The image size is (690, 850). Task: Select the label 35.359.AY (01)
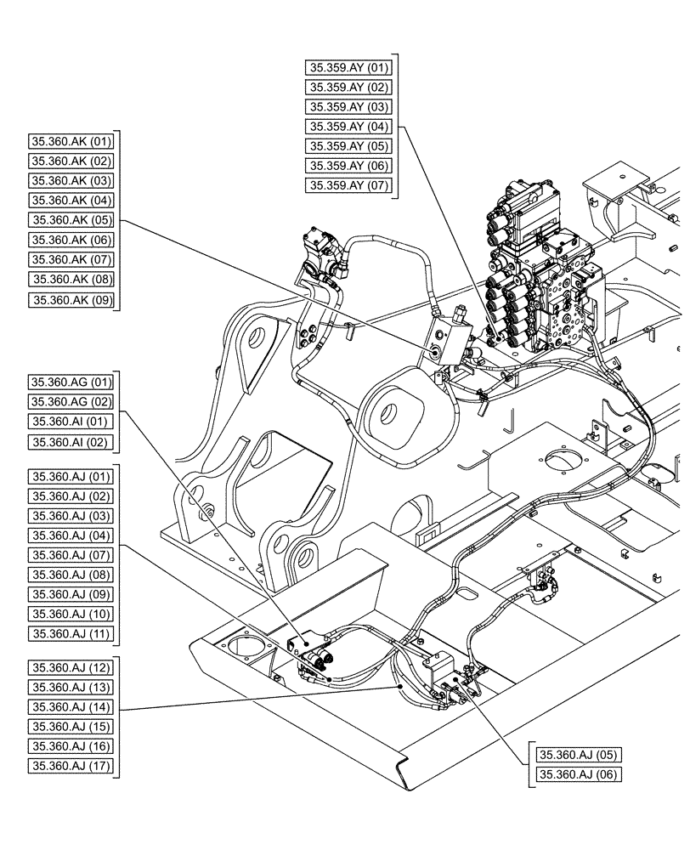click(348, 67)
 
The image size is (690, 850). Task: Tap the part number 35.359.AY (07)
click(348, 184)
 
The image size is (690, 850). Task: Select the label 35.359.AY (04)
click(348, 126)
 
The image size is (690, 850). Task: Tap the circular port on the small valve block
click(437, 350)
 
